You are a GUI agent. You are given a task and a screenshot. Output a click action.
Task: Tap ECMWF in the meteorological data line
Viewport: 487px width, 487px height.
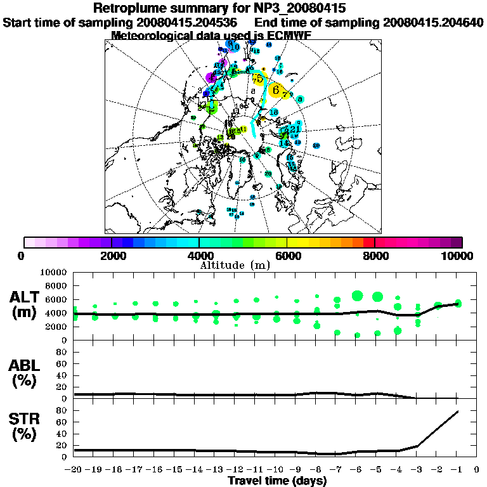pyautogui.click(x=287, y=36)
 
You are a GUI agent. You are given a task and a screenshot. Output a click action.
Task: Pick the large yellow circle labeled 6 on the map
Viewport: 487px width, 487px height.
pyautogui.click(x=276, y=90)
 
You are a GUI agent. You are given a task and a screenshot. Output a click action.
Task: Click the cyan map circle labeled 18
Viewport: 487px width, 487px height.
pyautogui.click(x=274, y=112)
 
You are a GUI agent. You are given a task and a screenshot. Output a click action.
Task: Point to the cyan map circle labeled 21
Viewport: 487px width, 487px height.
pyautogui.click(x=295, y=129)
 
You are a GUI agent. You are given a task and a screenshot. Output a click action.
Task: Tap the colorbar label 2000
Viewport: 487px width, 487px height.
pyautogui.click(x=112, y=256)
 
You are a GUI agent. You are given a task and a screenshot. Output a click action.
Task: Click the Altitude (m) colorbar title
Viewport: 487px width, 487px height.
pyautogui.click(x=243, y=264)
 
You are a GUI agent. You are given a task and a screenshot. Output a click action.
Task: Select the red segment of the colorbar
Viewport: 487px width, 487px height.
pyautogui.click(x=369, y=242)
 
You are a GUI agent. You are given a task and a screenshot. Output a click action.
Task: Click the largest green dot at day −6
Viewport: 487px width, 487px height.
pyautogui.click(x=357, y=295)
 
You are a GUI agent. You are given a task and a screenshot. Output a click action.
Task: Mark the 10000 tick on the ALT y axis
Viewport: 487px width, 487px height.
pyautogui.click(x=53, y=272)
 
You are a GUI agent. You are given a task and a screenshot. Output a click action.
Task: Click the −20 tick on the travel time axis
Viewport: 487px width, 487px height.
pyautogui.click(x=74, y=470)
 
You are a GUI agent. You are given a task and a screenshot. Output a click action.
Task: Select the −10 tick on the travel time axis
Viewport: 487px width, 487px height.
pyautogui.click(x=276, y=470)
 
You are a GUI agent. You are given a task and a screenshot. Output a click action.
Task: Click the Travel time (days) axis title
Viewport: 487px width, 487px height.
pyautogui.click(x=277, y=481)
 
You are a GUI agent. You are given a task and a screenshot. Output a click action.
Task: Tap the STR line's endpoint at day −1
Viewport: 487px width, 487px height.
pyautogui.click(x=458, y=412)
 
